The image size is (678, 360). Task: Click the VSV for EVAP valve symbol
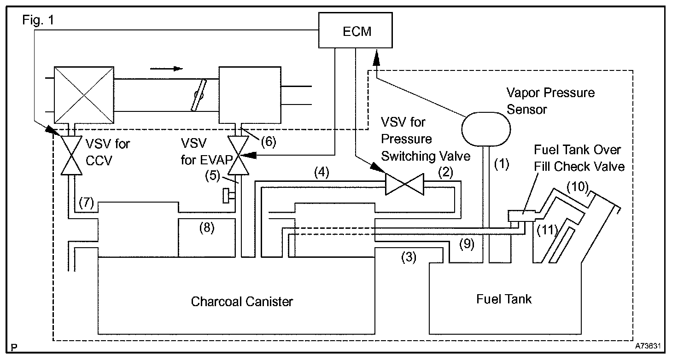pos(239,157)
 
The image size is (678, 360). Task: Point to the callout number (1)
pos(502,163)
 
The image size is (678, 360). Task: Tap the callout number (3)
pos(409,258)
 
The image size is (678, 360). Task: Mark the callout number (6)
pos(269,142)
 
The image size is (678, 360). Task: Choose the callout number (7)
pos(87,202)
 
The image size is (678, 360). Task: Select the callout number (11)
pos(547,229)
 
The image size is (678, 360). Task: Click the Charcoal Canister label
pos(242,302)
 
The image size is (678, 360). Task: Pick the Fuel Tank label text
pos(504,299)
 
